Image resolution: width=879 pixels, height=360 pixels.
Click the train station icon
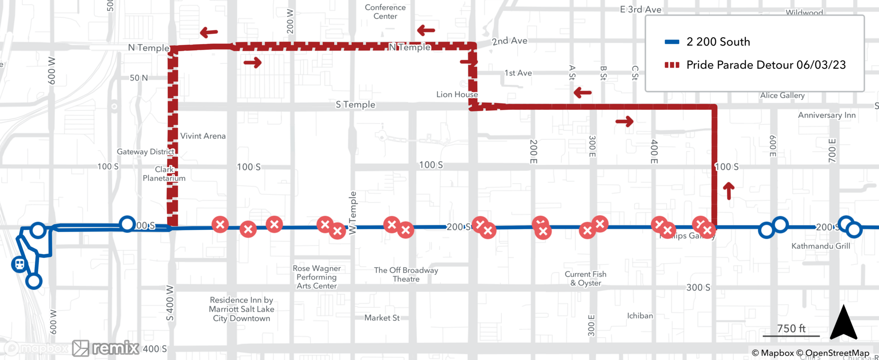tap(19, 264)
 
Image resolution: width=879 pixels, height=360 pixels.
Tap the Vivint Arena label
tap(203, 136)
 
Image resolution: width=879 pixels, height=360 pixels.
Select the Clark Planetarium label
tap(164, 174)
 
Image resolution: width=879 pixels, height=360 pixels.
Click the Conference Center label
tap(385, 12)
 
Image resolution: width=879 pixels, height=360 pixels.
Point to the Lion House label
tap(457, 95)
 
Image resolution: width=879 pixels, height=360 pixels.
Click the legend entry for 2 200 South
tap(718, 42)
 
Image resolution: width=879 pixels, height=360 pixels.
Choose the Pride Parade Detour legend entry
tap(766, 65)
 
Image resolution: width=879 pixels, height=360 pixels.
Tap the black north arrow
tap(843, 323)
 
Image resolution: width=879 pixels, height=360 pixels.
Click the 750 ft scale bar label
tap(791, 328)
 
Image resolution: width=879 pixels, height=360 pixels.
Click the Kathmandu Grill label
tap(821, 246)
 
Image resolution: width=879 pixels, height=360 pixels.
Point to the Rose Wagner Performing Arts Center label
tap(316, 277)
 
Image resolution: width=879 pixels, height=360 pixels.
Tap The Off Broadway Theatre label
tap(406, 274)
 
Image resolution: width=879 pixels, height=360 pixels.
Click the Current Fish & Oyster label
tap(585, 278)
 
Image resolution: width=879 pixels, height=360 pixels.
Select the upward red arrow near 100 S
tap(729, 191)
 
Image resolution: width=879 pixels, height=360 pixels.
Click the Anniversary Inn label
tap(826, 115)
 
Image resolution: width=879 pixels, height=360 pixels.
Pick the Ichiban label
tap(639, 316)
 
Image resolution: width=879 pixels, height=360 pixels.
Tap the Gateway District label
tap(145, 152)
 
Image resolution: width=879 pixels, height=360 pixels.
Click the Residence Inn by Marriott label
tap(241, 309)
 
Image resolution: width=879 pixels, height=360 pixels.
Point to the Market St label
tap(381, 318)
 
